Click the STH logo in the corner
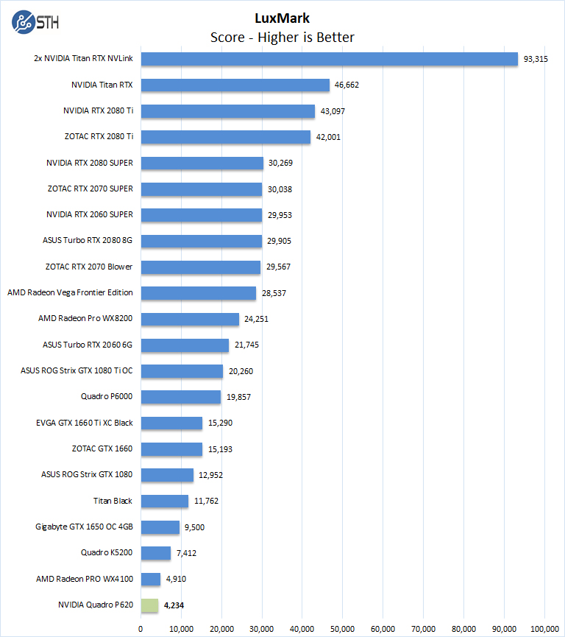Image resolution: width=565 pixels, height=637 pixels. pyautogui.click(x=35, y=21)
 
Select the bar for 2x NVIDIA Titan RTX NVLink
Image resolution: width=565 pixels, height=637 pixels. pyautogui.click(x=329, y=59)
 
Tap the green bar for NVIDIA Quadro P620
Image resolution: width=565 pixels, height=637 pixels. pyautogui.click(x=149, y=605)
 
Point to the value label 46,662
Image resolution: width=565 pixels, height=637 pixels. pyautogui.click(x=347, y=85)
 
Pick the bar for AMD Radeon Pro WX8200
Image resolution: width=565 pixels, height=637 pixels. pyautogui.click(x=190, y=319)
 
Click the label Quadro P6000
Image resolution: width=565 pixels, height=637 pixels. pyautogui.click(x=107, y=397)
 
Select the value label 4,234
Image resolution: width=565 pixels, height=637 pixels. pyautogui.click(x=177, y=605)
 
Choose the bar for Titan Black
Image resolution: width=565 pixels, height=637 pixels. pyautogui.click(x=165, y=501)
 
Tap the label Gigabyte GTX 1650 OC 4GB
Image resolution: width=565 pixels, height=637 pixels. pyautogui.click(x=84, y=527)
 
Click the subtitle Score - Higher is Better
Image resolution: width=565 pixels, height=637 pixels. pyautogui.click(x=282, y=38)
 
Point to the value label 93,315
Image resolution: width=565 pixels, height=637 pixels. pyautogui.click(x=535, y=59)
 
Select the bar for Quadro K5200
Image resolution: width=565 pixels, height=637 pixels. pyautogui.click(x=156, y=553)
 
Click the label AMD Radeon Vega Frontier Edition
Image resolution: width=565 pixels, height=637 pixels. pyautogui.click(x=70, y=292)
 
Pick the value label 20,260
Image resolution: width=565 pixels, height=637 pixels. pyautogui.click(x=241, y=371)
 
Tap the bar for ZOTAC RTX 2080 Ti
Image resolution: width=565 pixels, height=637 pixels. pyautogui.click(x=226, y=137)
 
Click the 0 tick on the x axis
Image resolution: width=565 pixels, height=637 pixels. pyautogui.click(x=141, y=628)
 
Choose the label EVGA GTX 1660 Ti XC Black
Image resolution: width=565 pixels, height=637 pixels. pyautogui.click(x=84, y=423)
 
